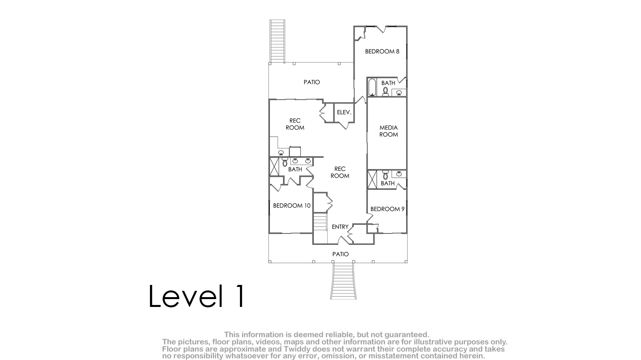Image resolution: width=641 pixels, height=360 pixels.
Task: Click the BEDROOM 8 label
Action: click(382, 51)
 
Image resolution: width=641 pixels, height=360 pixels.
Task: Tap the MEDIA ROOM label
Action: click(388, 131)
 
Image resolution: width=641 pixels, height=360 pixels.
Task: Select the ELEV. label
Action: click(344, 112)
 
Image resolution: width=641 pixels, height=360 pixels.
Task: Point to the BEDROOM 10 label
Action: click(291, 206)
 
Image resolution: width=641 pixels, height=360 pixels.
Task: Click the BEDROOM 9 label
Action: click(387, 209)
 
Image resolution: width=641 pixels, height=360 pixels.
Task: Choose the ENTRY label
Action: click(340, 227)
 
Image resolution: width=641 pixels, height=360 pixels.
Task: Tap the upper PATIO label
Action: click(311, 82)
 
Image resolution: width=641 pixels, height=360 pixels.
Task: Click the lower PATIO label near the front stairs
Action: click(341, 254)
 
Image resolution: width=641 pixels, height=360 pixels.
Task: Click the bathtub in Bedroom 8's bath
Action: click(372, 87)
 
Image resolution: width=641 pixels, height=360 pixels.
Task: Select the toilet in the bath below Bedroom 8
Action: click(385, 92)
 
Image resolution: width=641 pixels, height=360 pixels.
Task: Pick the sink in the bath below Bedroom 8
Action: click(399, 92)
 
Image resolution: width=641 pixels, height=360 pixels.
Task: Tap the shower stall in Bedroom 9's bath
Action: click(372, 180)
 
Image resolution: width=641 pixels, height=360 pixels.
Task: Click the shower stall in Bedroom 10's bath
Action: click(274, 167)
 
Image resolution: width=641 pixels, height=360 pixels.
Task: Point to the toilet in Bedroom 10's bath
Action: click(285, 162)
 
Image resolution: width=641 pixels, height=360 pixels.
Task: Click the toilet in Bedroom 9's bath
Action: click(385, 175)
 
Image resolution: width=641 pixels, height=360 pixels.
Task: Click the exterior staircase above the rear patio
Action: click(277, 41)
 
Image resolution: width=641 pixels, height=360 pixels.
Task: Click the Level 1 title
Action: click(197, 296)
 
